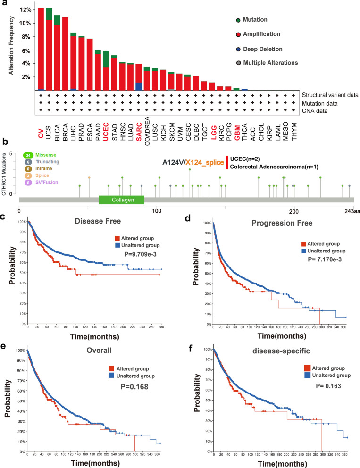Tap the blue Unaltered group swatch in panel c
click(x=116, y=245)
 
